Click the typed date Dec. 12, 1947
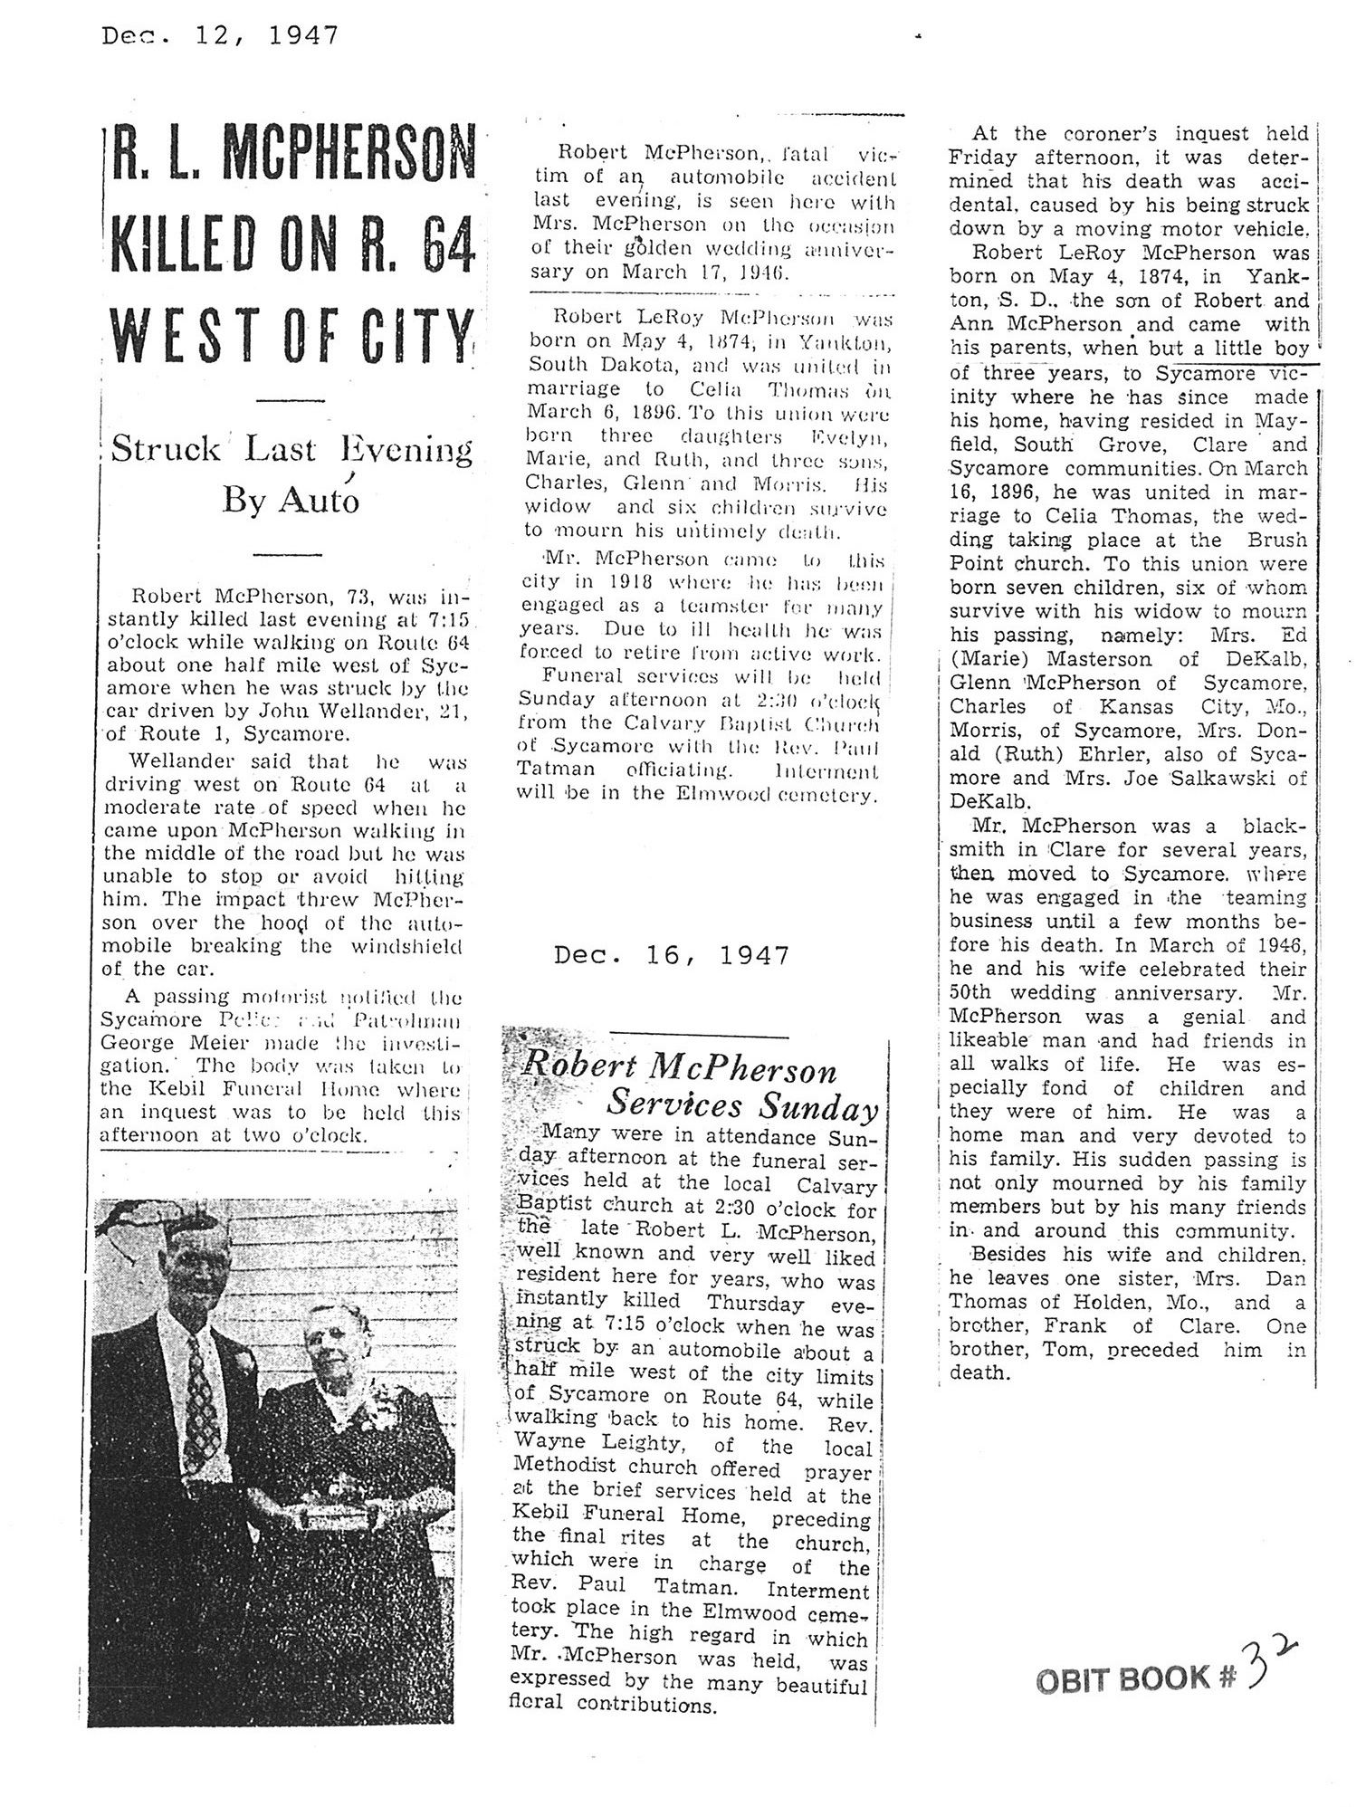click(x=220, y=35)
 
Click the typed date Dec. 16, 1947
click(x=671, y=955)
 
